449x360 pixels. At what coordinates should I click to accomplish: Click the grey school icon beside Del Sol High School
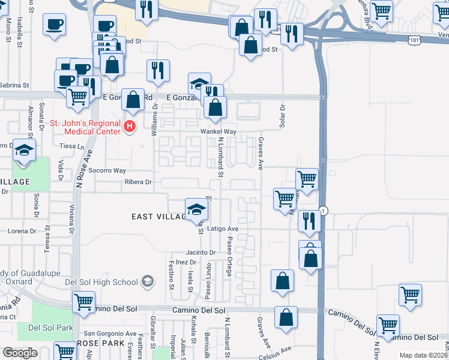pos(147,281)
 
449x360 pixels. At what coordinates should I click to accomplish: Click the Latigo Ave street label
pos(223,229)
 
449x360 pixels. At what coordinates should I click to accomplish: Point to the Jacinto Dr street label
pos(200,253)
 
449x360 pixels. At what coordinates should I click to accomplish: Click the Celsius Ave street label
pos(276,348)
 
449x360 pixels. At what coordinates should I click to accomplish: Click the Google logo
pos(20,353)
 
